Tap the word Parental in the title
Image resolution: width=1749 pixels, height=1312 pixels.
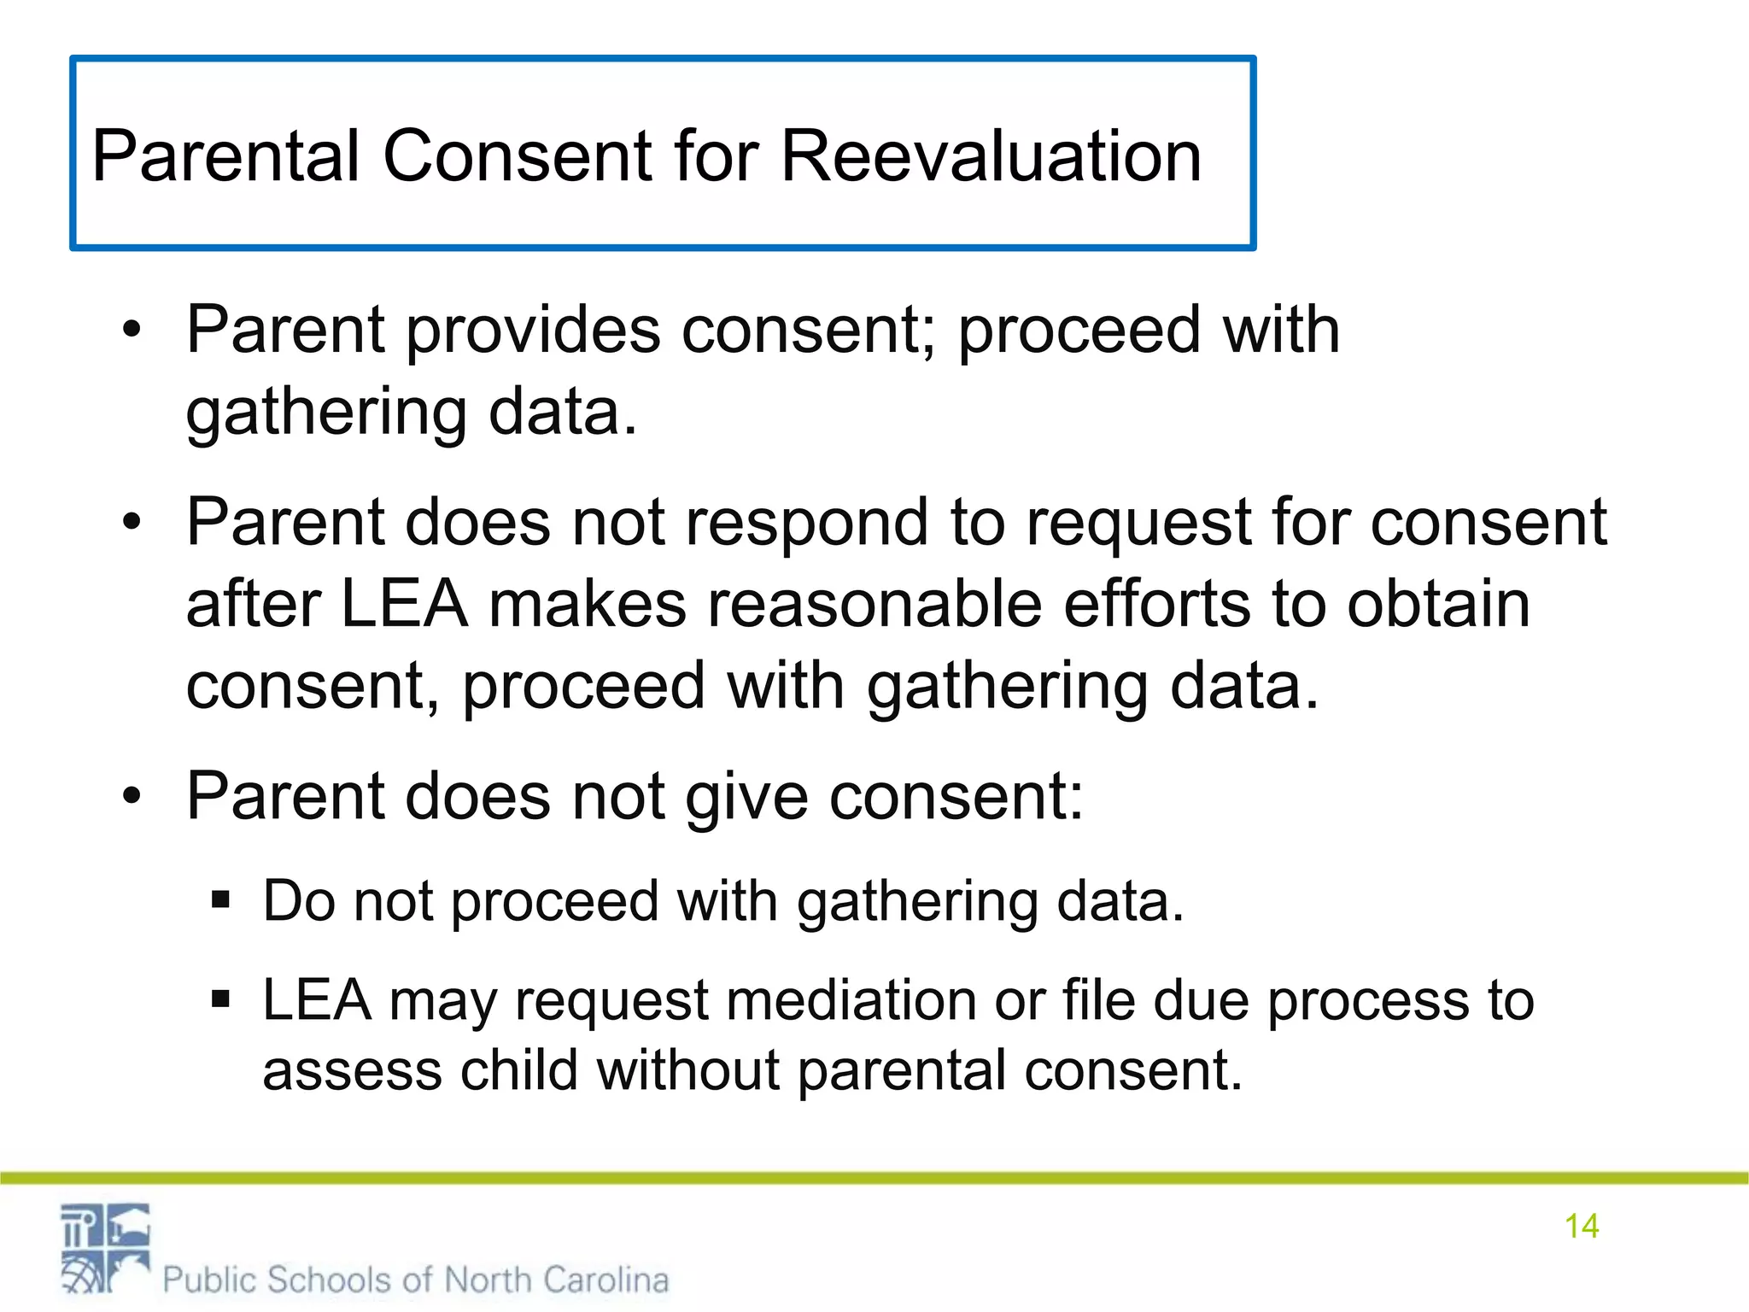coord(225,156)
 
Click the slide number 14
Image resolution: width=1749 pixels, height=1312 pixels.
coord(1581,1226)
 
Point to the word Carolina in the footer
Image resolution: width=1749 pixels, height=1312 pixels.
coord(605,1280)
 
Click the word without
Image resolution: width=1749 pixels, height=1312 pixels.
coord(687,1069)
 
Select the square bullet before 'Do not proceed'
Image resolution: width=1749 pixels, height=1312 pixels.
coord(221,900)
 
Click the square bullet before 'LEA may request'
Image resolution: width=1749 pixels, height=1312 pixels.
coord(221,999)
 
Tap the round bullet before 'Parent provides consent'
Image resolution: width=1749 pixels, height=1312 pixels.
coord(131,330)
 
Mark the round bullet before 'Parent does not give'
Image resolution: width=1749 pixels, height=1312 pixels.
coord(131,797)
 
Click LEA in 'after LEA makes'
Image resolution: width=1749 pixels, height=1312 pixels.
coord(404,604)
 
